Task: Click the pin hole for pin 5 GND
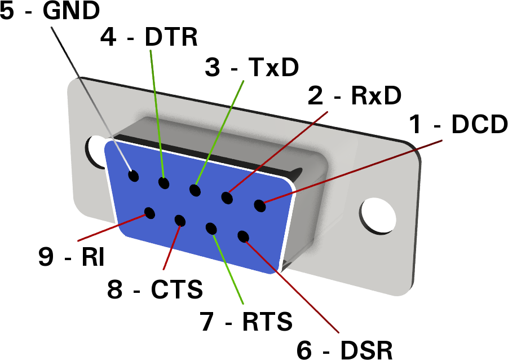134,176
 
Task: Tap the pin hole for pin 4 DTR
164,183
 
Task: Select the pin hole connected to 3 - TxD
195,190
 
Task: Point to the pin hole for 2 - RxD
227,198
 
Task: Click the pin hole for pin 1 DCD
260,205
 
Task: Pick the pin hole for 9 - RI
149,213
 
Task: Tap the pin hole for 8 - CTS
180,221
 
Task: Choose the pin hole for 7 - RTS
211,229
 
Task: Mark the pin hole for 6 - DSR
243,237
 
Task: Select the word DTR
171,37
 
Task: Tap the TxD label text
273,67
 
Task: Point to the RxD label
376,95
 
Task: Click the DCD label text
479,124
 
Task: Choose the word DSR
366,350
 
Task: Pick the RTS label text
267,321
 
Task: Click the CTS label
176,289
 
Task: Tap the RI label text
92,257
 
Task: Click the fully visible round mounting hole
377,216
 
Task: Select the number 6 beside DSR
304,350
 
